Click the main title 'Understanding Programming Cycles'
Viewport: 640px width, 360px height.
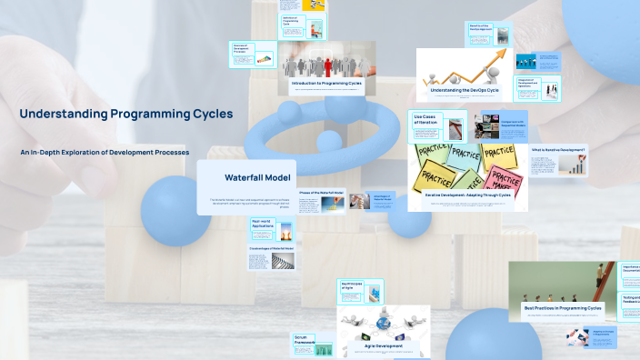[126, 115]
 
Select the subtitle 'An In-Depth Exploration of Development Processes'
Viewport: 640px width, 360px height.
[105, 152]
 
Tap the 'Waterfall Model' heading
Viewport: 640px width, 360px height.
[257, 176]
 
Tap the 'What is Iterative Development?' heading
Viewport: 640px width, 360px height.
[558, 150]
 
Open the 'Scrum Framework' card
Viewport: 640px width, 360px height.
[305, 340]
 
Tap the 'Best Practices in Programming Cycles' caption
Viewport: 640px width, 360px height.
[563, 308]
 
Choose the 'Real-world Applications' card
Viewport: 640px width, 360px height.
[264, 224]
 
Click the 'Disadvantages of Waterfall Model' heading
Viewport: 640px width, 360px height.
[271, 248]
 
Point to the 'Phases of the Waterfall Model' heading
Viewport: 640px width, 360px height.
[321, 194]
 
